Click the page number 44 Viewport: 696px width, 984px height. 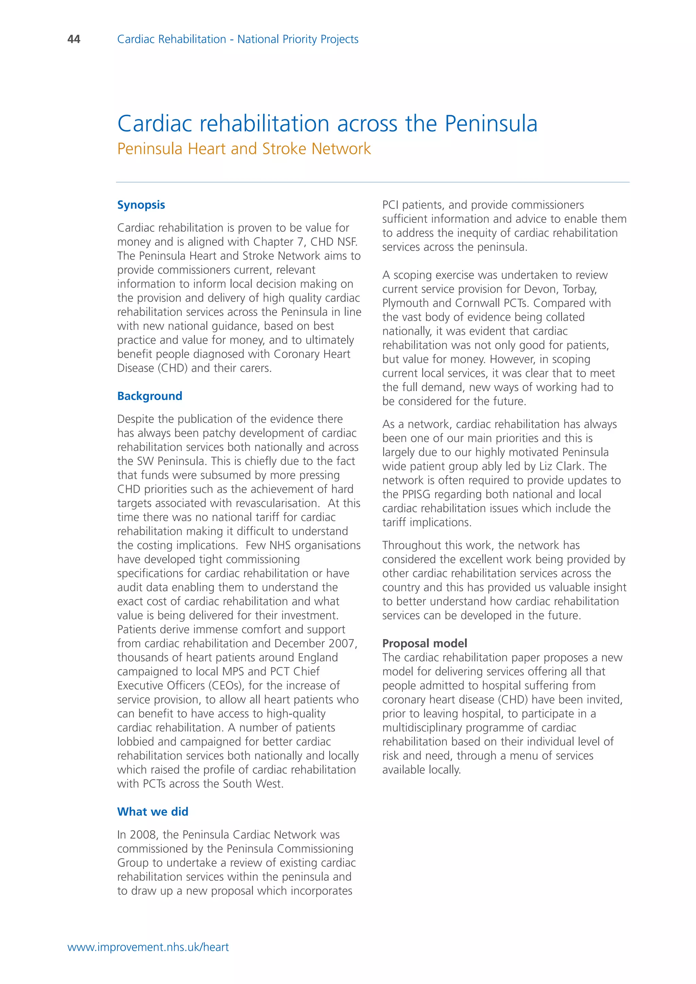click(74, 39)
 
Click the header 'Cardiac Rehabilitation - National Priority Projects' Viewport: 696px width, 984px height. click(238, 39)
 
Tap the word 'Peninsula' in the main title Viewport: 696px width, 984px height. click(491, 124)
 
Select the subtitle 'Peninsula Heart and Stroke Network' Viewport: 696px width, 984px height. click(244, 149)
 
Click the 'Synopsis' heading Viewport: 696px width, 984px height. click(141, 205)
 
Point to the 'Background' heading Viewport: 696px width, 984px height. click(150, 396)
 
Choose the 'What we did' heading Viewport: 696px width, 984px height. click(153, 811)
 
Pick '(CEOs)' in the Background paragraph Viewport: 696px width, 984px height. click(227, 685)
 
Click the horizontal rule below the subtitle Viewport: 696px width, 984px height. click(372, 182)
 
